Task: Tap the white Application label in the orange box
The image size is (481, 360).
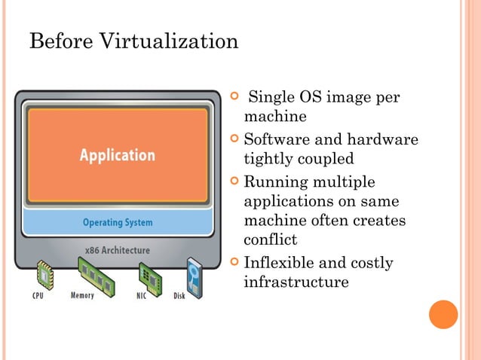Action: point(118,155)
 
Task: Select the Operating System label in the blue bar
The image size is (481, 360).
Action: point(118,222)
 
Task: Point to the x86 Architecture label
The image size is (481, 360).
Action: point(118,249)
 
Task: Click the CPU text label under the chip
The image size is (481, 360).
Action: point(37,296)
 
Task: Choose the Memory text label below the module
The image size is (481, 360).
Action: point(82,295)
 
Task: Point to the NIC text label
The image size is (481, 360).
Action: point(142,296)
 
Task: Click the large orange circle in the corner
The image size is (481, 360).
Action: point(443,314)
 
